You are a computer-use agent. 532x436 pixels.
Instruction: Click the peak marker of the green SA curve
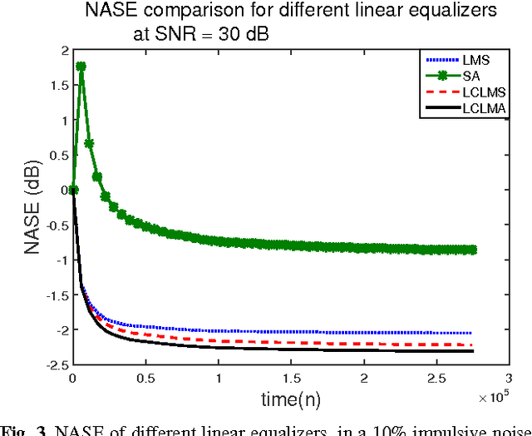[x=81, y=67]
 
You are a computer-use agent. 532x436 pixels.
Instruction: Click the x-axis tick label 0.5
[x=145, y=378]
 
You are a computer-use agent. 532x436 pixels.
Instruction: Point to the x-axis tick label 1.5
[x=291, y=378]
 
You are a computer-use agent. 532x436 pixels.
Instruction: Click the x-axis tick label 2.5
[x=436, y=378]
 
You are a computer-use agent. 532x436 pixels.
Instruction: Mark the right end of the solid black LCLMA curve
[x=474, y=350]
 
